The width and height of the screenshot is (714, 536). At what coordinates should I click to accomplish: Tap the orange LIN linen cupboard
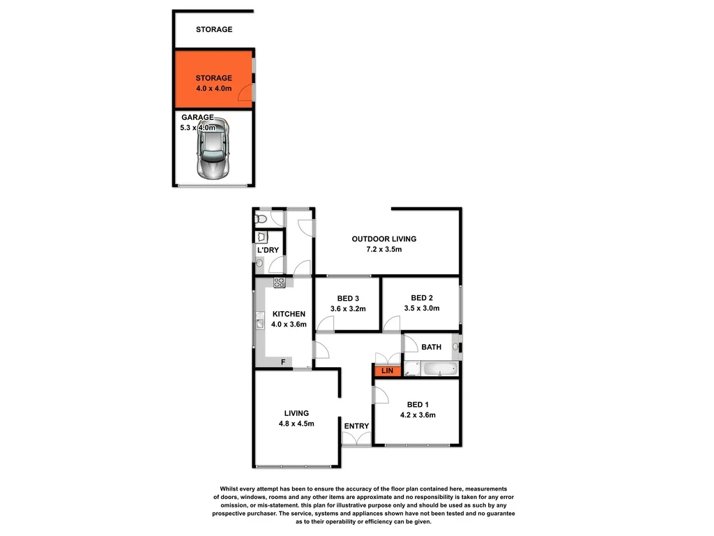point(386,371)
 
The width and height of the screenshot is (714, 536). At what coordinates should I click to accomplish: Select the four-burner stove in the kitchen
point(279,283)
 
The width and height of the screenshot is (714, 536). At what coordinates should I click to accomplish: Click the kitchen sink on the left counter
point(259,322)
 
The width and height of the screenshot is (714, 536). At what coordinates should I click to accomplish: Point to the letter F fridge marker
point(282,362)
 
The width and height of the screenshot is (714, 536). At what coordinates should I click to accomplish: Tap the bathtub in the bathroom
point(439,368)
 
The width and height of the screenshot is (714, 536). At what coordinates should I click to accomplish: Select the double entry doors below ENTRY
point(356,439)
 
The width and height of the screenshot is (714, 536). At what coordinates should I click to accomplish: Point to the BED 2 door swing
point(392,324)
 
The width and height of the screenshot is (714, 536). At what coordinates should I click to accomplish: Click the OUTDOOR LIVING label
point(383,239)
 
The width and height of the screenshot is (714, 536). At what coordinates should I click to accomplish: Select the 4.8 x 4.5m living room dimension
point(296,423)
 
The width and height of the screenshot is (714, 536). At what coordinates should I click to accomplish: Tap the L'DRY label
point(268,250)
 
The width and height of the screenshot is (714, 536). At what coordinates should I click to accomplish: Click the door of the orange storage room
point(245,94)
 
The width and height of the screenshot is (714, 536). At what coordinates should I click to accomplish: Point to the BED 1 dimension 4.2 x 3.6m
point(417,415)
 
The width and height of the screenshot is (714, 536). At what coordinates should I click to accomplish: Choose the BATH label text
point(432,347)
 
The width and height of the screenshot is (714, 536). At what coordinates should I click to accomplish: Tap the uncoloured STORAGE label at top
point(213,29)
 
